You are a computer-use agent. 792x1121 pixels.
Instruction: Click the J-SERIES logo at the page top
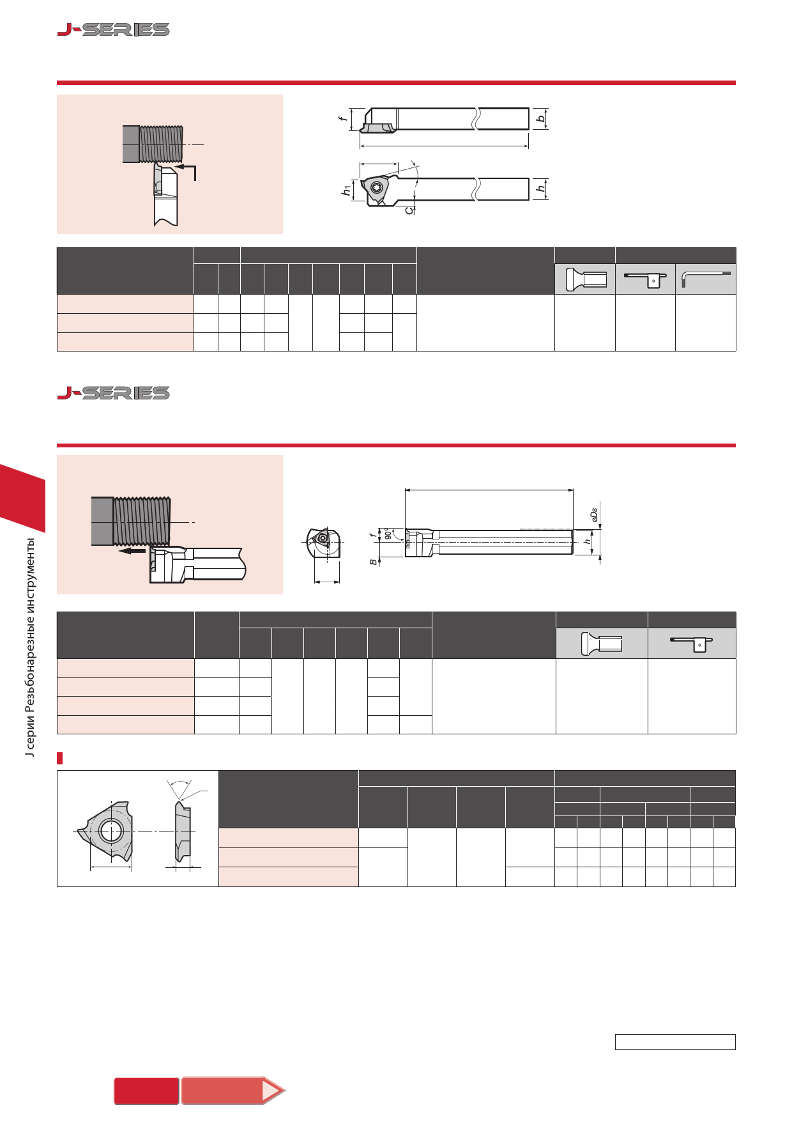pyautogui.click(x=114, y=29)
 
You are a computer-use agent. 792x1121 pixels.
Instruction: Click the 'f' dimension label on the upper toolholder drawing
pyautogui.click(x=343, y=118)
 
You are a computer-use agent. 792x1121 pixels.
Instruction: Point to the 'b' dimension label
pyautogui.click(x=541, y=119)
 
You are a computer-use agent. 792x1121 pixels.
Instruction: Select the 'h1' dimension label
pyautogui.click(x=346, y=190)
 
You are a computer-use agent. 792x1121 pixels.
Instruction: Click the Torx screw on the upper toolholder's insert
pyautogui.click(x=376, y=188)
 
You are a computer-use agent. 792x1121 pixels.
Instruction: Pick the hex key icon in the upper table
pyautogui.click(x=706, y=279)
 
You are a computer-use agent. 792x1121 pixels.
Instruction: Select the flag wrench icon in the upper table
pyautogui.click(x=645, y=279)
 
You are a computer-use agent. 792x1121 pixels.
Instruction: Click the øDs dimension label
pyautogui.click(x=594, y=516)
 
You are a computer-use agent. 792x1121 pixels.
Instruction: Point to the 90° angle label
pyautogui.click(x=388, y=533)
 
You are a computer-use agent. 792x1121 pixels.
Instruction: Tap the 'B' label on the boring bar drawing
pyautogui.click(x=373, y=562)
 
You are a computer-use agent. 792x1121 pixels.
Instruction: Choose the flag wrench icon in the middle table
pyautogui.click(x=692, y=643)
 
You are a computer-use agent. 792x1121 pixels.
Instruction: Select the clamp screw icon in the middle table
pyautogui.click(x=602, y=643)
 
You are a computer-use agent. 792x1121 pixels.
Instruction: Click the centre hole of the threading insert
pyautogui.click(x=111, y=831)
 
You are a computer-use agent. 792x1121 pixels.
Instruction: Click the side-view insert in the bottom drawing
pyautogui.click(x=183, y=831)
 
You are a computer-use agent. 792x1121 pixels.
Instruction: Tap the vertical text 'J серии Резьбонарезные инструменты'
pyautogui.click(x=29, y=647)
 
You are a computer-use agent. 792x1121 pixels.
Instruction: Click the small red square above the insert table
pyautogui.click(x=60, y=759)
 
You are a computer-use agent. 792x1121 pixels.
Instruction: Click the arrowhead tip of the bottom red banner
pyautogui.click(x=285, y=1090)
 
